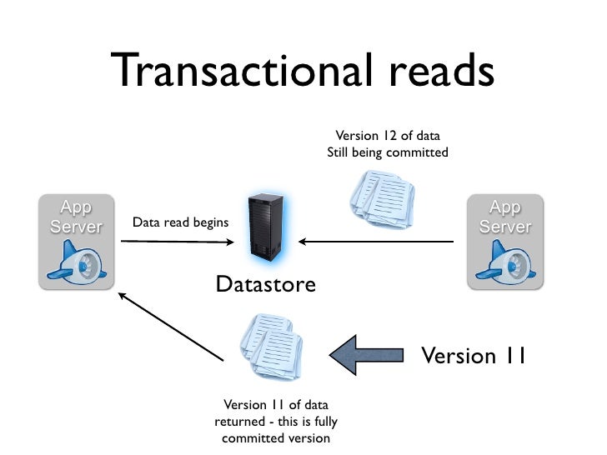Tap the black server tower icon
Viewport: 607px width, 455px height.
click(x=265, y=226)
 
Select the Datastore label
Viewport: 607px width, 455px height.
click(x=265, y=285)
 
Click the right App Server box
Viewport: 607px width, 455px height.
click(x=504, y=242)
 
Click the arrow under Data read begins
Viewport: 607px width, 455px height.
click(x=177, y=242)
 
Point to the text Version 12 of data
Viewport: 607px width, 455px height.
click(x=387, y=135)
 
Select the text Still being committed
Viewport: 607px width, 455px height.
click(x=387, y=152)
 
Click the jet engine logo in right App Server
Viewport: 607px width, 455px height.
click(x=504, y=262)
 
